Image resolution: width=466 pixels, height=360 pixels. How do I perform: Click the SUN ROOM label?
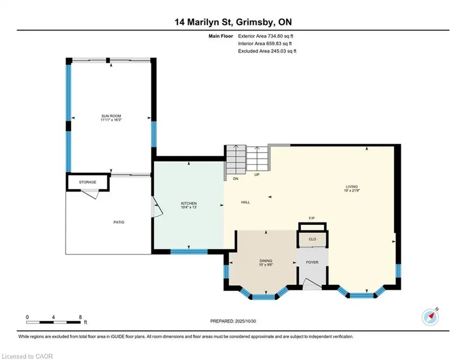[x=111, y=116]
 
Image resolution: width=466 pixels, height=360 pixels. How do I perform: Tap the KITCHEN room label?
[x=189, y=203]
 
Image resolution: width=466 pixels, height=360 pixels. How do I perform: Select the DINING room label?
[x=265, y=261]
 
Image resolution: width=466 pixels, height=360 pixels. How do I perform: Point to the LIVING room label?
[x=351, y=186]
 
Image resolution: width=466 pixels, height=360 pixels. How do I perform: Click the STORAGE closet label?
[x=88, y=182]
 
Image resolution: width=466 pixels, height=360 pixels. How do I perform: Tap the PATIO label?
[x=119, y=222]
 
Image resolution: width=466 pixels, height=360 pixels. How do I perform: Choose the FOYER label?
[x=312, y=262]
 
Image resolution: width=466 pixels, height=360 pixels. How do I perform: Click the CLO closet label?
[x=312, y=239]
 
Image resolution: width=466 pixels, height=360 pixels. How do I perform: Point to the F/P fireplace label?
[x=312, y=218]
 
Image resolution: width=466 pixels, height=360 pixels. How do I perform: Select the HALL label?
[x=246, y=202]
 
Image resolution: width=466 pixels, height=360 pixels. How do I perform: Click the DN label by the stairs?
[x=236, y=179]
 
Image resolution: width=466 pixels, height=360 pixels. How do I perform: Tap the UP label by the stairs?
[x=257, y=175]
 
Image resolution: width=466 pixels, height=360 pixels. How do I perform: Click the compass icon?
[x=430, y=317]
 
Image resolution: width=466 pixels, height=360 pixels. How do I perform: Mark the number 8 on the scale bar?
[x=80, y=317]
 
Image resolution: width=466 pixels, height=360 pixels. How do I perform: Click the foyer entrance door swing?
[x=312, y=284]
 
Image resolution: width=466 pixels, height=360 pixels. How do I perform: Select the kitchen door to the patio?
[x=156, y=207]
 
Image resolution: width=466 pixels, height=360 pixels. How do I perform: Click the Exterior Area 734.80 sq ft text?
[x=265, y=36]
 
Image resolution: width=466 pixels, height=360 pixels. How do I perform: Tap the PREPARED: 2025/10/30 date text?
[x=233, y=321]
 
